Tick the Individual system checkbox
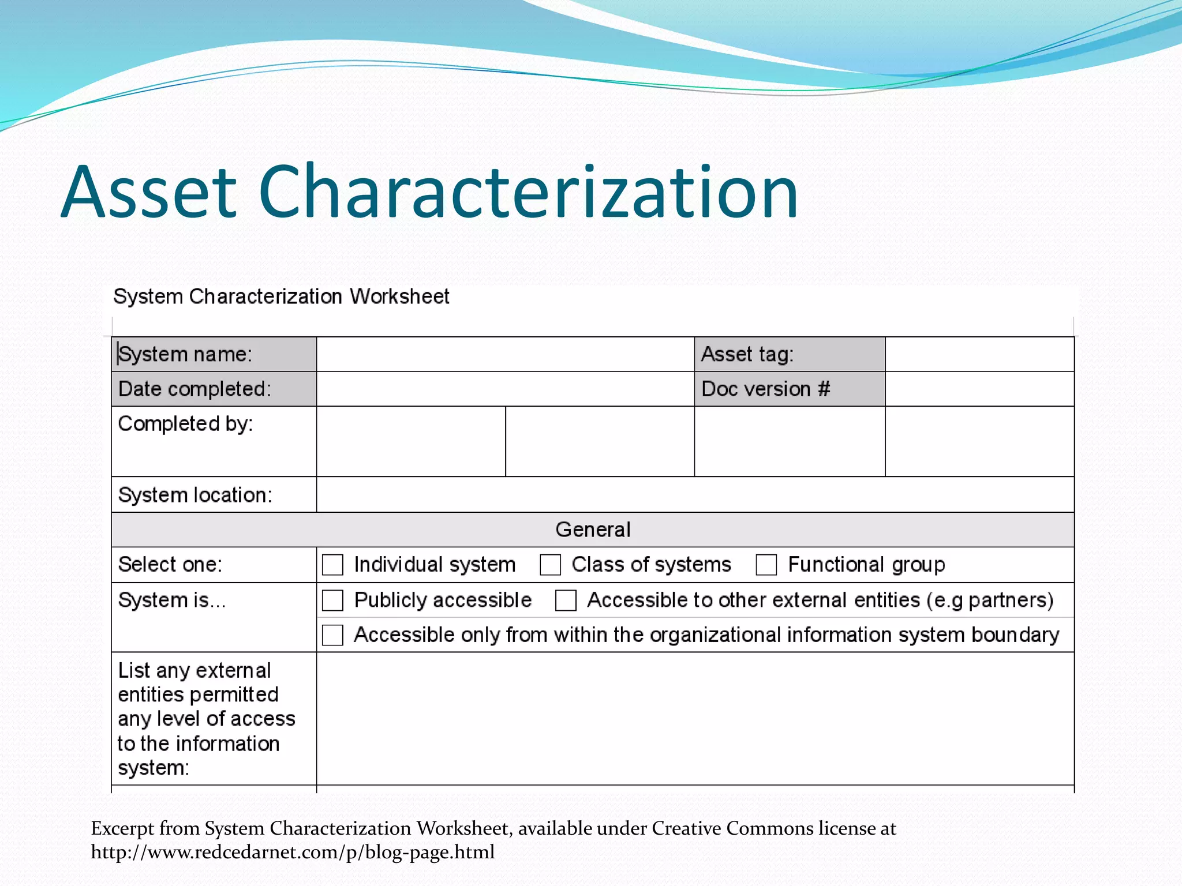332,565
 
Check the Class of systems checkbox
550,565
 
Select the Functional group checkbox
766,565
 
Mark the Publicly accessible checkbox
332,600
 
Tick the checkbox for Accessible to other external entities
566,600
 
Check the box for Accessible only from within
332,635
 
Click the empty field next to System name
505,354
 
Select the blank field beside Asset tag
979,354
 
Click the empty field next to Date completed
505,389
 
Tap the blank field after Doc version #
979,389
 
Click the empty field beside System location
695,495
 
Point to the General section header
593,530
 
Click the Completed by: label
185,424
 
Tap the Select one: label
170,564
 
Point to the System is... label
171,600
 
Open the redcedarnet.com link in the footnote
293,852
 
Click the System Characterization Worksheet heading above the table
281,296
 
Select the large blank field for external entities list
695,719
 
